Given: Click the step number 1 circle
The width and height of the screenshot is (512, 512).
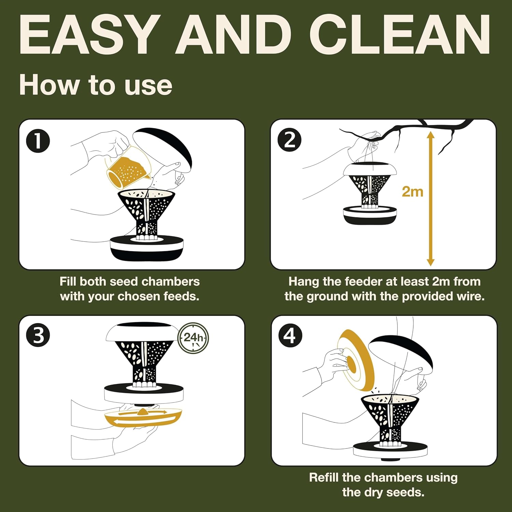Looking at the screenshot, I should (38, 141).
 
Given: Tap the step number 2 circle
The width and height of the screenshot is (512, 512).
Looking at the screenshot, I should (289, 140).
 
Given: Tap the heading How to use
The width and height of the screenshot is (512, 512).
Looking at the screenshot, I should (96, 85).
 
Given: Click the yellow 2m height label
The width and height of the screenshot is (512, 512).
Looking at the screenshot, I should (412, 191).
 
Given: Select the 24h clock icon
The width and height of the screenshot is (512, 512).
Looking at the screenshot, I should (194, 338).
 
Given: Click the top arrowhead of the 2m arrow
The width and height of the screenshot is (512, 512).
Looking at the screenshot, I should (431, 135).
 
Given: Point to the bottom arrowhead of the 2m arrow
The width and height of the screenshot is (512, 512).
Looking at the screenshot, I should (431, 262).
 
